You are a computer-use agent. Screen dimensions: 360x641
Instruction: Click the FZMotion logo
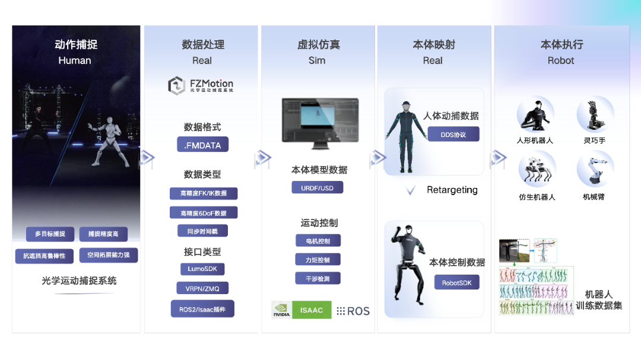201,85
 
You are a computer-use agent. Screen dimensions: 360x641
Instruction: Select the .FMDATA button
202,144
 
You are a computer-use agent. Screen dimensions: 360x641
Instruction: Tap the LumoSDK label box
202,269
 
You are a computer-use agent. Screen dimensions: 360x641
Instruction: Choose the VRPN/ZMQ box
202,288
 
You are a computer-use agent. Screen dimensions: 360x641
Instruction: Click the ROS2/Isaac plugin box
202,309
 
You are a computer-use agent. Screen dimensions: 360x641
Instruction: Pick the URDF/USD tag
318,188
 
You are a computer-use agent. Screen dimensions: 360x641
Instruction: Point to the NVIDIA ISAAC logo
301,310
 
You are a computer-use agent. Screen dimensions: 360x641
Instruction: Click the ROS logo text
353,311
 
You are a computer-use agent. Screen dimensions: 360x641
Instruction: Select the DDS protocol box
453,135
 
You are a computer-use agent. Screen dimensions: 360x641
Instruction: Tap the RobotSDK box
456,282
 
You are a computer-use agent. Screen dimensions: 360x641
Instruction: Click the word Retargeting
452,190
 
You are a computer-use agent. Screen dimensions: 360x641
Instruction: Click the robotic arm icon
594,168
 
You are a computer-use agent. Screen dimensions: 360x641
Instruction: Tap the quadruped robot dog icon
537,169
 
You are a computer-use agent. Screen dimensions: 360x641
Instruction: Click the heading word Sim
317,60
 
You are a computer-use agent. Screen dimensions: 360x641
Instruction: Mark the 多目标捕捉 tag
50,234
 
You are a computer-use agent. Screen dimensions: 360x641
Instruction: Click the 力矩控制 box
318,259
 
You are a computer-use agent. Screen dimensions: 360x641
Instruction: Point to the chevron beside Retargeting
410,190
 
